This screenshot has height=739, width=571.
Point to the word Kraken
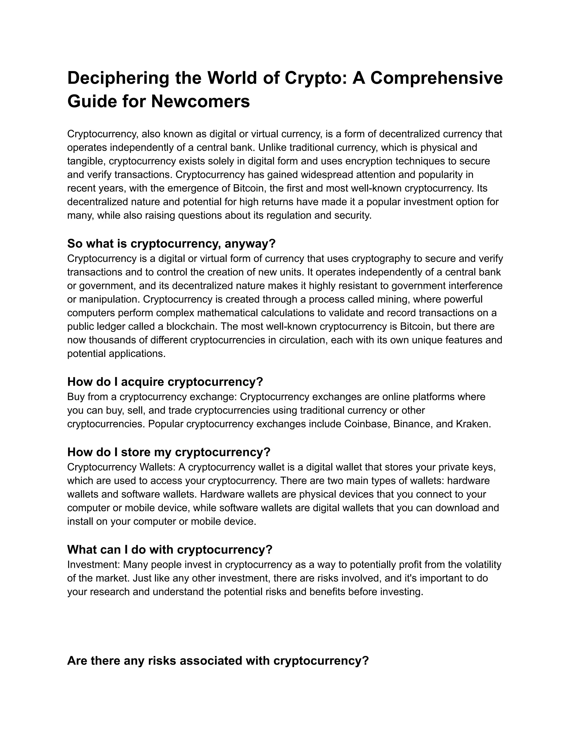click(x=472, y=424)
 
